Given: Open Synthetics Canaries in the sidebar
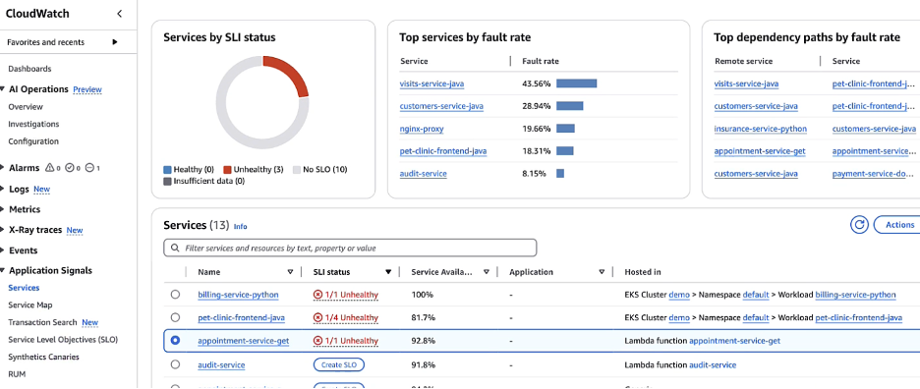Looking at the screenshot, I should pos(45,356).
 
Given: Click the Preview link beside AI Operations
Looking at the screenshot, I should pos(87,89).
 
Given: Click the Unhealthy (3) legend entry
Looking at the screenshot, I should pos(254,170).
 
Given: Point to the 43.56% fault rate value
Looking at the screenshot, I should pos(536,83).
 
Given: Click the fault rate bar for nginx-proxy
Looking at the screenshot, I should pos(565,128).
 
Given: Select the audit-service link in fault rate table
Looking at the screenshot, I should pos(424,173).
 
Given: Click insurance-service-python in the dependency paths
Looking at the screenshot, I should pos(760,128).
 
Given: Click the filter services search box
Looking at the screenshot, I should pos(351,248).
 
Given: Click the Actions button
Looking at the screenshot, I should pos(897,225).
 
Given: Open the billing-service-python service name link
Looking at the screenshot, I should pos(238,294).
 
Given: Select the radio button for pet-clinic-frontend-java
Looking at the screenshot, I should pos(175,317).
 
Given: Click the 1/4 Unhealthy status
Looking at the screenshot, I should pos(345,317).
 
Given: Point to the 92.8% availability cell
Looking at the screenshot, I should pos(424,340).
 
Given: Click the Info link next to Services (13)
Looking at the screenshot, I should pos(240,226).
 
